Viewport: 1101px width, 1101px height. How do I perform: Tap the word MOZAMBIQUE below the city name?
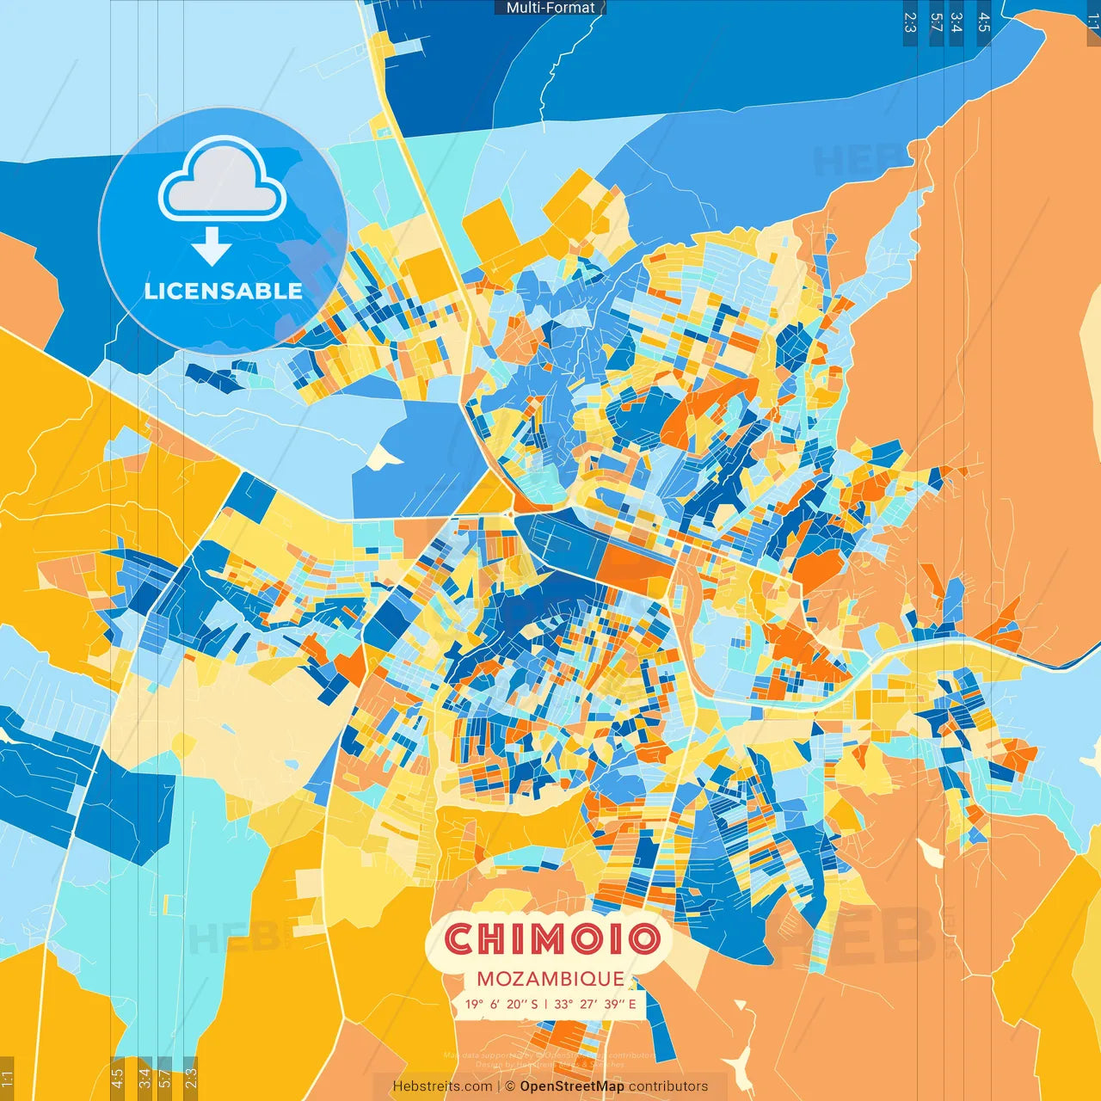point(550,979)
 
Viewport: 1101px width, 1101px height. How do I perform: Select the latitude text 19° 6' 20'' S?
point(501,1004)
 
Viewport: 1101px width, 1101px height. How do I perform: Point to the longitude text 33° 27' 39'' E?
point(595,1004)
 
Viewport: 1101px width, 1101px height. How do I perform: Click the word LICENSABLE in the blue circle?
point(223,291)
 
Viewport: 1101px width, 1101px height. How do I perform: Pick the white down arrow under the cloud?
point(212,247)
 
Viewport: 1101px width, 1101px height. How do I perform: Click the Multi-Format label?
point(550,8)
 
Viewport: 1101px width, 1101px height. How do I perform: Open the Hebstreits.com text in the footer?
point(442,1086)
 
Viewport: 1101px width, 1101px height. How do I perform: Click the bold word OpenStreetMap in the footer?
point(572,1086)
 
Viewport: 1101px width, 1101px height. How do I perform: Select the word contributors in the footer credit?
point(668,1086)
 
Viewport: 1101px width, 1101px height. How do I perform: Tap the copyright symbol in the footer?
point(509,1086)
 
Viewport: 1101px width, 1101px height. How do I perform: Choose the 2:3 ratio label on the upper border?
point(909,22)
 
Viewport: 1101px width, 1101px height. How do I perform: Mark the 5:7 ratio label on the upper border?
point(936,22)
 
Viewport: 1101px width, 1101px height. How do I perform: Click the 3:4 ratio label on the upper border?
point(956,22)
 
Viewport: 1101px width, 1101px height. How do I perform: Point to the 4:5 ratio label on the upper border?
point(983,22)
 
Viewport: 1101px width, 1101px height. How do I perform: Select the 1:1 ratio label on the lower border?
point(8,1078)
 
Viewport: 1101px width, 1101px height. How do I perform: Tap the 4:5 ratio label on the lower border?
point(118,1078)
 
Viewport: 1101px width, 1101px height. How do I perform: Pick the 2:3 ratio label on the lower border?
point(190,1078)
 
